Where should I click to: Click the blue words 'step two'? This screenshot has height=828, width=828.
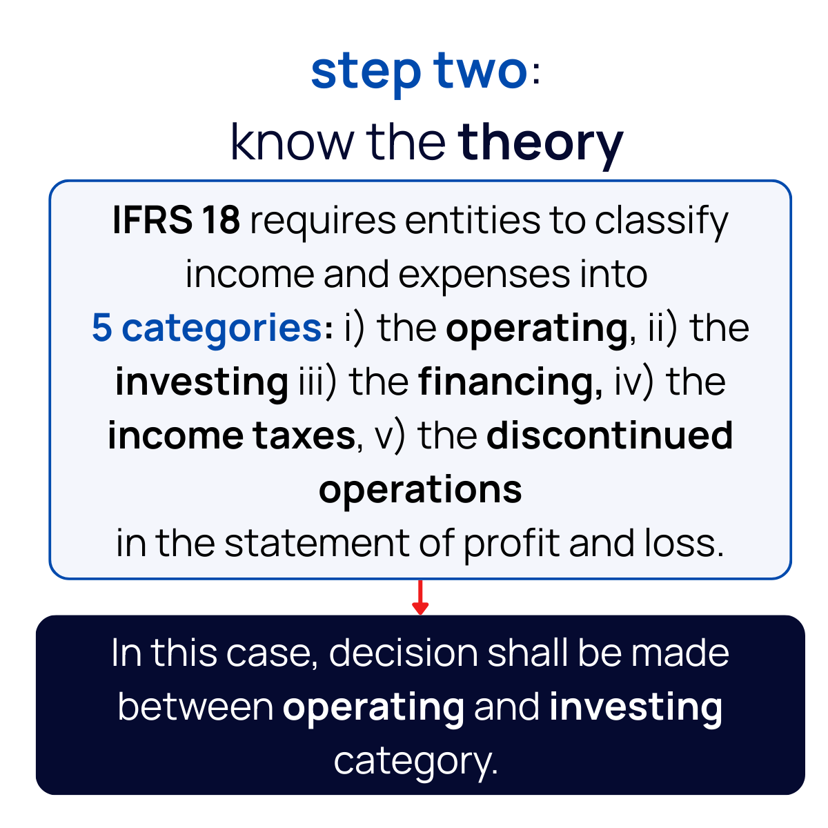click(419, 71)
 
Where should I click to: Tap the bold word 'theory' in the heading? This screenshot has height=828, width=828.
click(540, 141)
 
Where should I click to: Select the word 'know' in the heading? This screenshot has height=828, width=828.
click(292, 141)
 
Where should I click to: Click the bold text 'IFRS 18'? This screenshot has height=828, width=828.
click(176, 221)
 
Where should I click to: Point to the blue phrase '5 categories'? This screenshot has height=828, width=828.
click(206, 328)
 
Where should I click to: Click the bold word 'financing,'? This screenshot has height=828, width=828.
click(511, 382)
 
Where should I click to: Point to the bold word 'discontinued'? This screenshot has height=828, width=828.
click(609, 435)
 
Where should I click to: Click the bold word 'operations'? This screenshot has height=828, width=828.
click(420, 491)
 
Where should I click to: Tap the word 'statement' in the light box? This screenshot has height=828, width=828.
click(317, 543)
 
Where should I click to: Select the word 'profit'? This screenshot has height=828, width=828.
click(511, 543)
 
